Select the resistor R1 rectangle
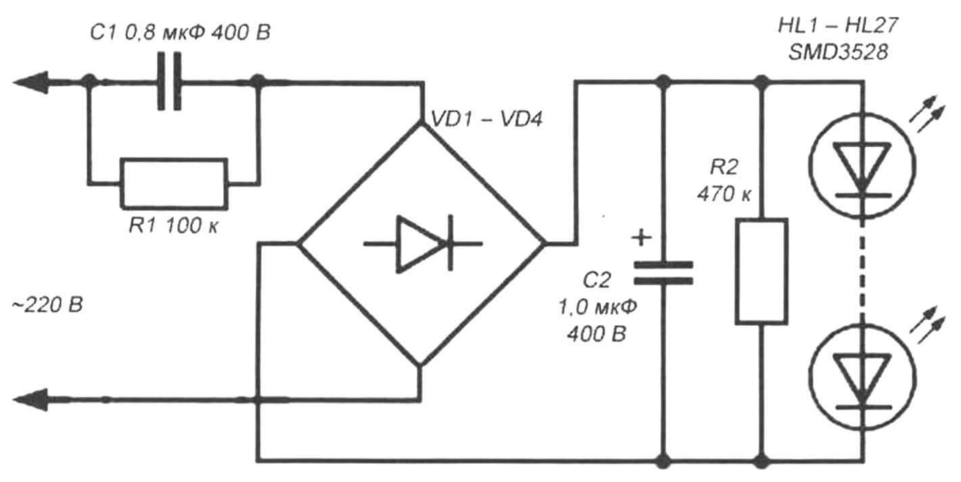(174, 183)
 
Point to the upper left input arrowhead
(30, 82)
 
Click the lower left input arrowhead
(30, 401)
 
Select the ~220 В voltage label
(47, 305)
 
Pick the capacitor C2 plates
(663, 272)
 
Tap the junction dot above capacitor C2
(663, 82)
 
